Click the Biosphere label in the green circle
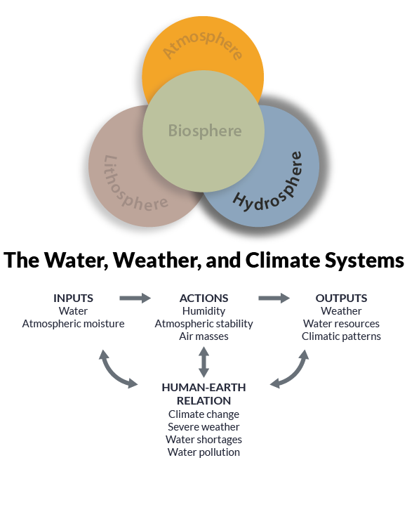click(205, 131)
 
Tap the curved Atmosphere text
click(203, 43)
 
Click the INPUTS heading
click(74, 299)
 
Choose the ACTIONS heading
click(204, 299)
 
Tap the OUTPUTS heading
click(341, 299)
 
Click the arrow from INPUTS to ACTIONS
click(135, 299)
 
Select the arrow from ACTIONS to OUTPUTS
click(274, 299)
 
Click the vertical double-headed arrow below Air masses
click(203, 362)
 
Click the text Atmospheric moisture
click(74, 324)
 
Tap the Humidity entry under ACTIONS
click(203, 311)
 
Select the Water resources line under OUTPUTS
click(341, 324)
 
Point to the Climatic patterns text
click(341, 336)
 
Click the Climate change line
click(203, 414)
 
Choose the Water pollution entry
click(203, 452)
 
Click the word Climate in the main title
click(282, 260)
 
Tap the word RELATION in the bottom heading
click(204, 401)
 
